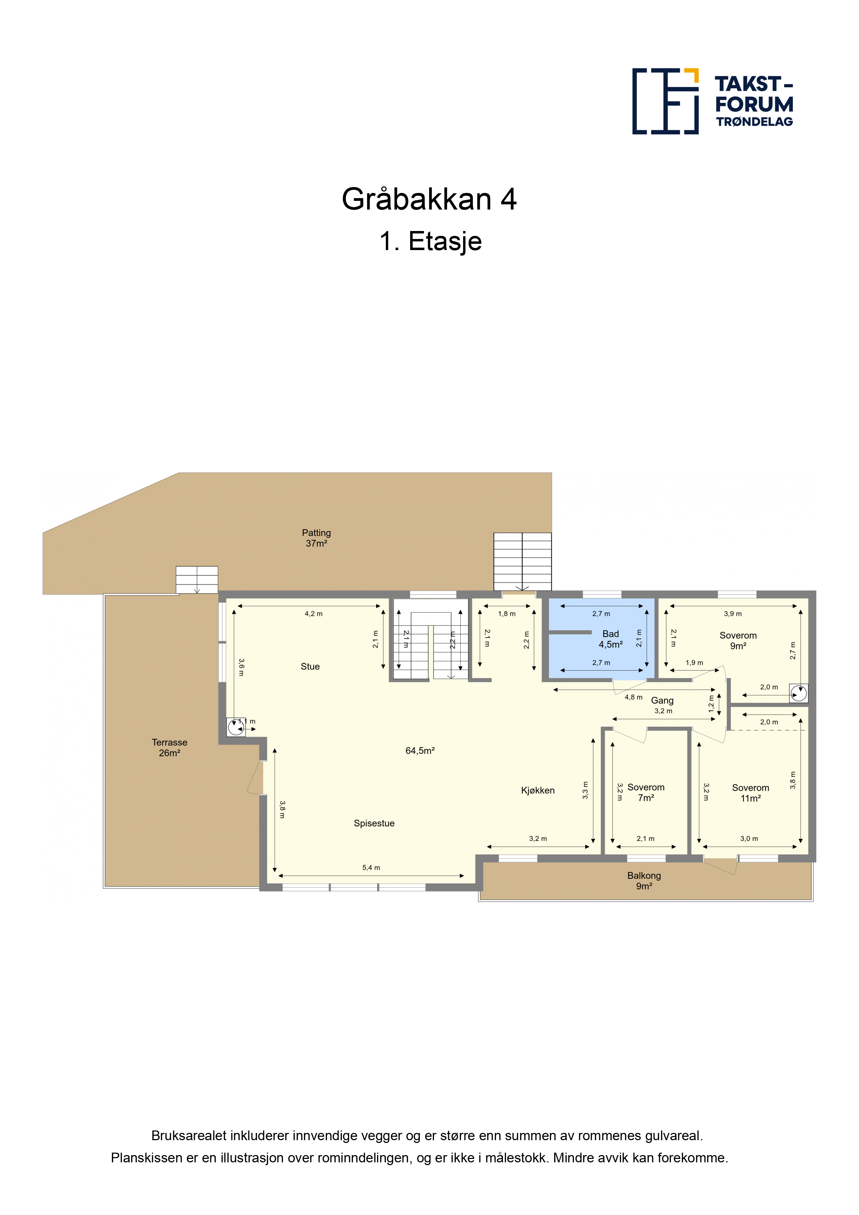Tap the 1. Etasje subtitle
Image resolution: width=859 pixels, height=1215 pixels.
click(x=430, y=241)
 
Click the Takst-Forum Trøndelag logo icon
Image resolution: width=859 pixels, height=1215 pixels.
click(x=665, y=101)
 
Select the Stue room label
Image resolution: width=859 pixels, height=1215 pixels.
click(x=310, y=667)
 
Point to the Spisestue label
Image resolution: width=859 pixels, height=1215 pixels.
click(x=374, y=823)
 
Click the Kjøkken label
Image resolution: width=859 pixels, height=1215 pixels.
click(x=538, y=791)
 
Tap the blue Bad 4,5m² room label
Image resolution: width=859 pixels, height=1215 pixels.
click(x=610, y=639)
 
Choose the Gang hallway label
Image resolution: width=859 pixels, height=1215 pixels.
click(x=662, y=701)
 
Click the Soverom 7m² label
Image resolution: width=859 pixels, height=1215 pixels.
click(x=646, y=793)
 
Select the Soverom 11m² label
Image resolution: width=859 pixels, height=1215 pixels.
click(x=751, y=793)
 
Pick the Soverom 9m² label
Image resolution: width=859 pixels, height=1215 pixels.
click(x=738, y=641)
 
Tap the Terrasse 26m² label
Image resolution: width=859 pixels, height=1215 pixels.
click(x=169, y=748)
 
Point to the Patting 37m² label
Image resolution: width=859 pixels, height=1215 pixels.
click(x=317, y=538)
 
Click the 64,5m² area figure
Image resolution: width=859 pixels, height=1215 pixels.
click(x=420, y=751)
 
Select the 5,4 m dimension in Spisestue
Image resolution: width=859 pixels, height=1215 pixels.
click(x=371, y=868)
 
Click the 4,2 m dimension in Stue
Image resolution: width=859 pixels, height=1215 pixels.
click(x=313, y=614)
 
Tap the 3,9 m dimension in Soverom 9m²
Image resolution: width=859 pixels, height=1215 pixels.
click(x=733, y=614)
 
